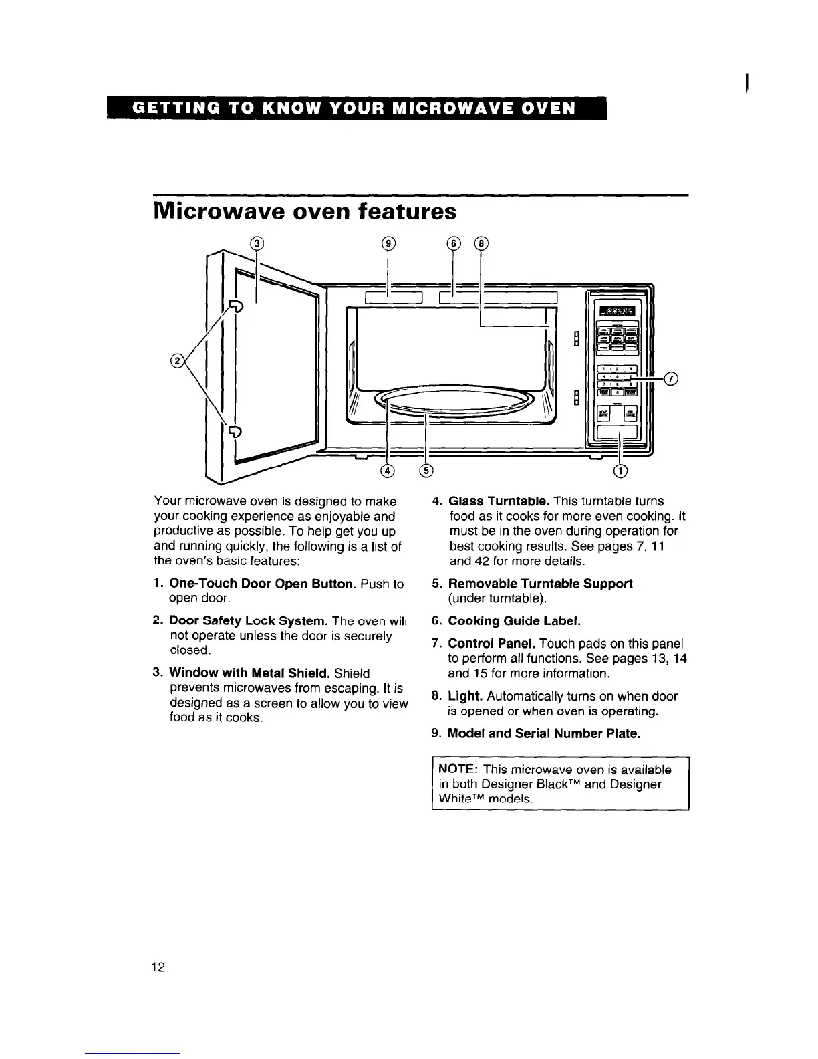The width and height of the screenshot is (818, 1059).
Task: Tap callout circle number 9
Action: [388, 243]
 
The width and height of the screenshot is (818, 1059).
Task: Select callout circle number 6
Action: [452, 243]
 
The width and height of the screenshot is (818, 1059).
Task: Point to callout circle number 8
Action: [481, 243]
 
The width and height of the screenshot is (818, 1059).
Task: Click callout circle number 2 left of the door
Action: [177, 362]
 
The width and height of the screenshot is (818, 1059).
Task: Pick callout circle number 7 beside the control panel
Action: [672, 380]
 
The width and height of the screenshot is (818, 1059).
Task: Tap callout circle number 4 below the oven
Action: [388, 471]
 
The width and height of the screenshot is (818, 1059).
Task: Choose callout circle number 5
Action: [426, 471]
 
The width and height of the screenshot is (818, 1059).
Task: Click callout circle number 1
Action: [621, 471]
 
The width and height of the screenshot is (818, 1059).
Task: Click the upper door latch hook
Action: [236, 306]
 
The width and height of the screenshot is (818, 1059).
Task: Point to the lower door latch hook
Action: [235, 433]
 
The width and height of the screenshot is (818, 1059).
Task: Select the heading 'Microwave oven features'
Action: [305, 212]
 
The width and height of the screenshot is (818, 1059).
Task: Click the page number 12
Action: [158, 967]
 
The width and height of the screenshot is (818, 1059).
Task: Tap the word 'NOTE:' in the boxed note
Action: [458, 770]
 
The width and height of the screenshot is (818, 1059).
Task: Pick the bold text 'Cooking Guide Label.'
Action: [514, 621]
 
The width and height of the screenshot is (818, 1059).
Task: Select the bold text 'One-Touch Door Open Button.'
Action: [261, 584]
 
